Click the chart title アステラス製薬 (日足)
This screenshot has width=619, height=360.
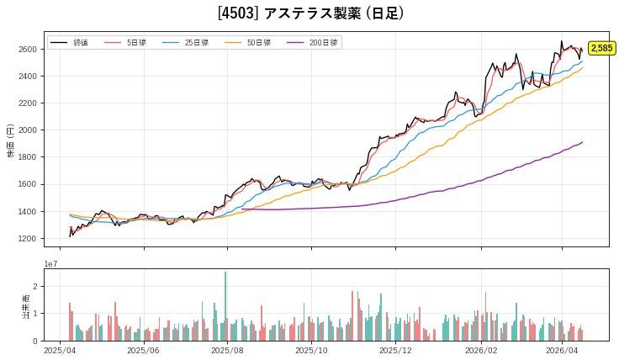tap(310, 13)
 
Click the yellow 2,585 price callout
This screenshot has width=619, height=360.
tap(600, 49)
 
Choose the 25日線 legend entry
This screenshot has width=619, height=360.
tap(196, 42)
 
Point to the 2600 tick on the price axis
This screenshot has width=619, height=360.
tap(29, 50)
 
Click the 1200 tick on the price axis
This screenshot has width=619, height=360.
tap(29, 239)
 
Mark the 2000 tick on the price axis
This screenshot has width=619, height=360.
tap(29, 130)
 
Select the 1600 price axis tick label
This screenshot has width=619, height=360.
tap(29, 185)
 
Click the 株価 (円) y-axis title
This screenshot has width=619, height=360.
tap(11, 140)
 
